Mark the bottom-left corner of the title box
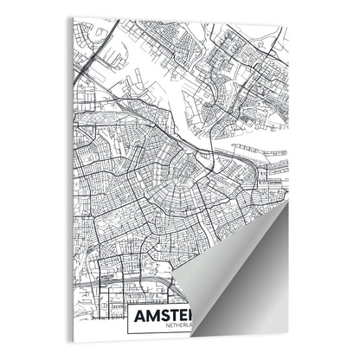click(127, 334)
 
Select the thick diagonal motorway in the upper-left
click(91, 65)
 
